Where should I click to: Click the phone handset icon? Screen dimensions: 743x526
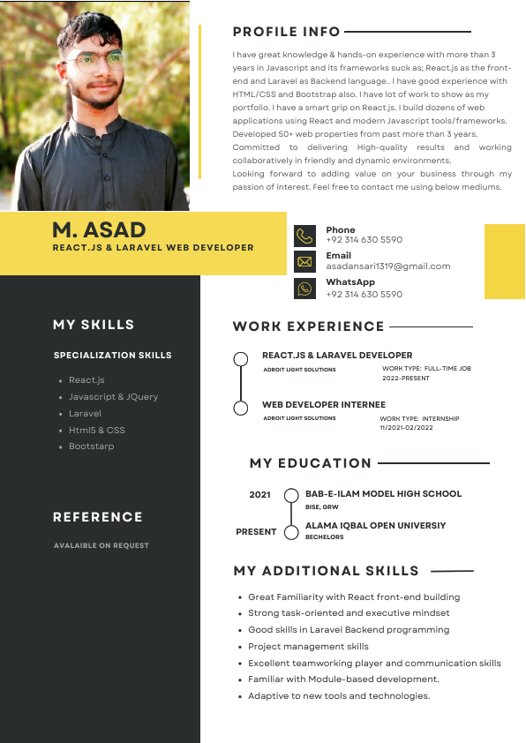coord(304,236)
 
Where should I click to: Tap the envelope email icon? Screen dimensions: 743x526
coord(304,261)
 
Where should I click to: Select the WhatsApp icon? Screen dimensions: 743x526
coord(304,289)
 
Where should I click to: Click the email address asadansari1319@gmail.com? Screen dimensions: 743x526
coord(387,266)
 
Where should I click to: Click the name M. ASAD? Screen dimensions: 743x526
coord(99,229)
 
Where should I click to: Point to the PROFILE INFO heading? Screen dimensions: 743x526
coord(286,32)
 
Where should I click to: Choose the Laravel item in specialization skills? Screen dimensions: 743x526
coord(85,413)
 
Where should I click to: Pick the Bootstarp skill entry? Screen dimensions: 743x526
coord(92,447)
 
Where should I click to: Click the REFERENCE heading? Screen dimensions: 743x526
coord(97,517)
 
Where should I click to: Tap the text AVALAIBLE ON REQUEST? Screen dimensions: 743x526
coord(101,545)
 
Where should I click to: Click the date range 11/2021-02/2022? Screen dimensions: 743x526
coord(407,427)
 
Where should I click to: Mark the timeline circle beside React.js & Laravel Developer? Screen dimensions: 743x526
coord(240,359)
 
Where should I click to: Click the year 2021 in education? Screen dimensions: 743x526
coord(259,495)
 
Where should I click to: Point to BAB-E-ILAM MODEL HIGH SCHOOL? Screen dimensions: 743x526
coord(383,494)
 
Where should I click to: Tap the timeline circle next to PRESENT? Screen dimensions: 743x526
coord(291,531)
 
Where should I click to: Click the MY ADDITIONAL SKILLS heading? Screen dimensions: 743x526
coord(326,571)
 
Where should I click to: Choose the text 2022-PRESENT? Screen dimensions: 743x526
coord(406,378)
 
